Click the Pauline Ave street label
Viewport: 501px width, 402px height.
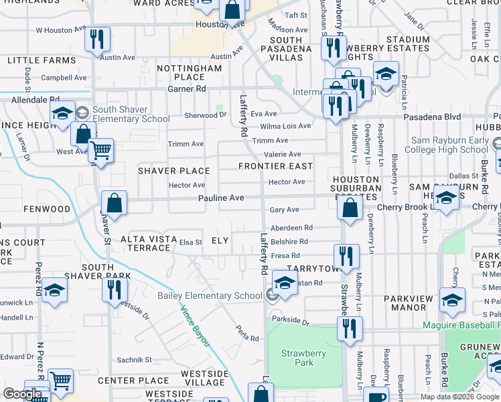click(220, 198)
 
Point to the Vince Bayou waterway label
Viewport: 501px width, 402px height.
click(194, 326)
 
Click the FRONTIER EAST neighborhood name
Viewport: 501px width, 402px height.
click(276, 166)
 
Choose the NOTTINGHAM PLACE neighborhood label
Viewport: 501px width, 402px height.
click(190, 72)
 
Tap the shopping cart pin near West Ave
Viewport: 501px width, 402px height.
click(100, 150)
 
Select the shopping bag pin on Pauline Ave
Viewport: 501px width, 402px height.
click(114, 203)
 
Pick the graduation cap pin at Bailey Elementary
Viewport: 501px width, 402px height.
click(285, 282)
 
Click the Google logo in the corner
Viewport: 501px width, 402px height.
click(22, 394)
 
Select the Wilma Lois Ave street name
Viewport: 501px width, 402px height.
click(285, 126)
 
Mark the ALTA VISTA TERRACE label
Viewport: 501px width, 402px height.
click(145, 243)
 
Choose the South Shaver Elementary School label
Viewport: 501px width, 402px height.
click(131, 114)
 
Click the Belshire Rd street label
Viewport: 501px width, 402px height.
click(289, 242)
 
